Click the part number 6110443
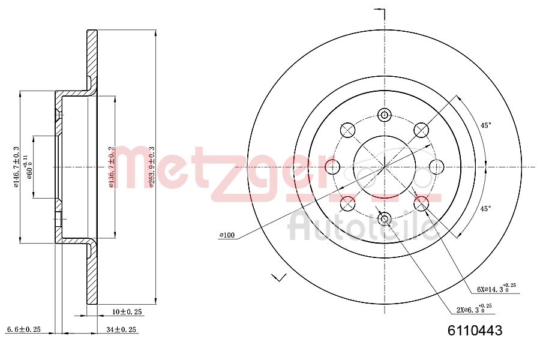[x=475, y=331]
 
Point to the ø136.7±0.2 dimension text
[x=111, y=167]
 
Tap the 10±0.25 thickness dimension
[x=127, y=311]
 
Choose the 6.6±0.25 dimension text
[x=23, y=329]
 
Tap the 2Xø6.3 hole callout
[x=474, y=309]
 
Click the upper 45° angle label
[x=486, y=125]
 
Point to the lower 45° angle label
[x=486, y=208]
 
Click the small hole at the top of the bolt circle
[x=385, y=115]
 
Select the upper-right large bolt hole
[x=422, y=130]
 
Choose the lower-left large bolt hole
[x=347, y=203]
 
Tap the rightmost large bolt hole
[x=436, y=166]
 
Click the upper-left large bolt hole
[x=347, y=130]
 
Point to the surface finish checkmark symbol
[x=279, y=277]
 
